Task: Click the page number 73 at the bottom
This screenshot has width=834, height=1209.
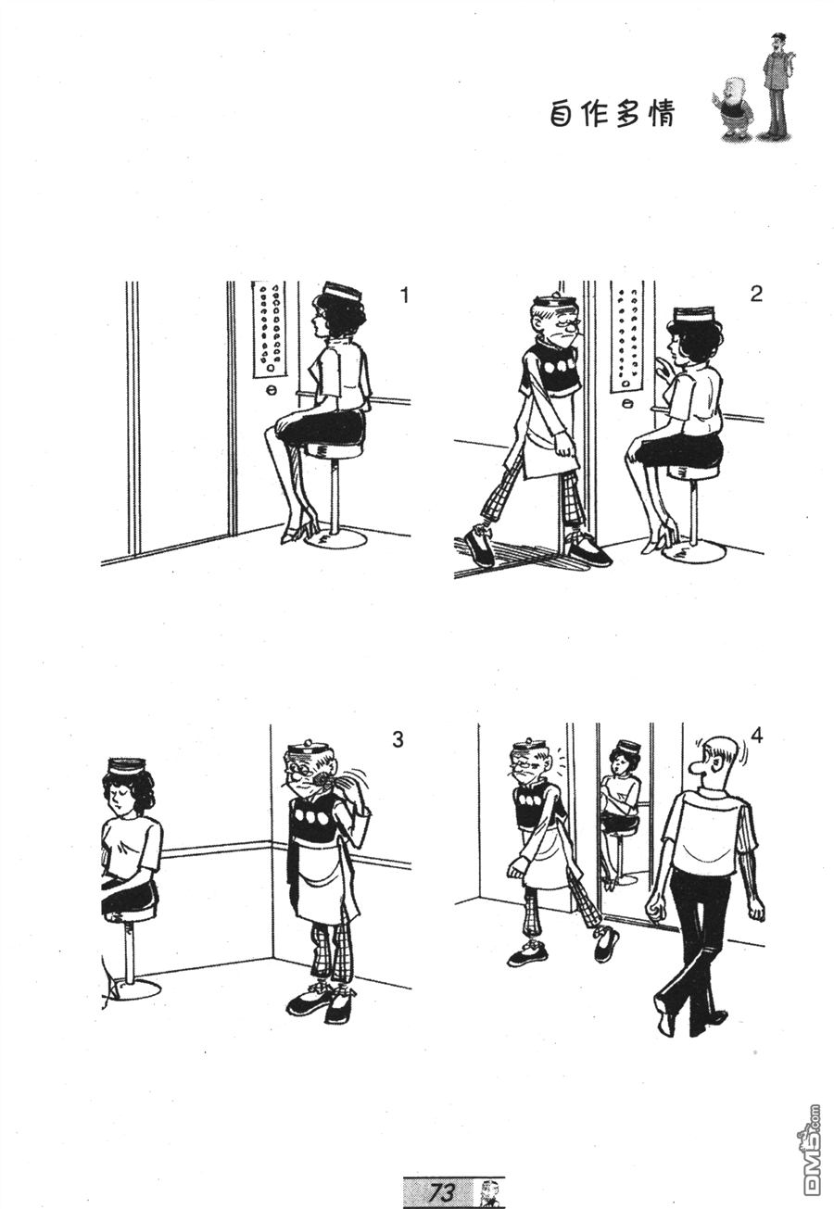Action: click(x=442, y=1191)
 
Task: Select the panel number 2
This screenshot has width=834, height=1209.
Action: click(x=756, y=295)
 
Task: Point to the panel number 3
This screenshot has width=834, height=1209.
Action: click(x=398, y=739)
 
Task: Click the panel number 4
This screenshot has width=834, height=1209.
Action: click(x=757, y=736)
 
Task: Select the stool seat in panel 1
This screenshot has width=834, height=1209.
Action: click(x=333, y=451)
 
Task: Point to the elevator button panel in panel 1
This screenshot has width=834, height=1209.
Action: click(x=270, y=328)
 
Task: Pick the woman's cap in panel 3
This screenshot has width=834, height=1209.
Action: click(x=127, y=765)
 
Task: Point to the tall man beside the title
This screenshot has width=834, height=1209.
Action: click(x=777, y=84)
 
